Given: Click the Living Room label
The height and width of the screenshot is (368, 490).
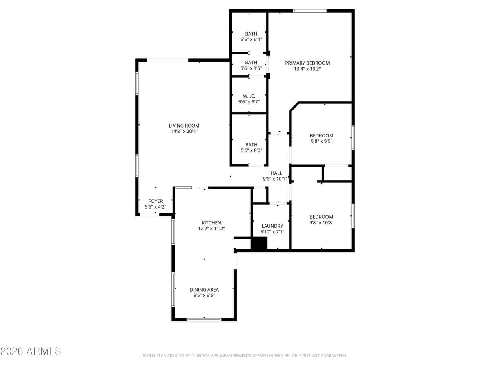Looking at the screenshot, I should pyautogui.click(x=184, y=126).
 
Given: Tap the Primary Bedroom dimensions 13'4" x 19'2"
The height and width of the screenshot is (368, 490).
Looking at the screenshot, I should pyautogui.click(x=307, y=69).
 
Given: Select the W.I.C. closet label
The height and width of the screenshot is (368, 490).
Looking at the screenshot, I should pyautogui.click(x=249, y=96).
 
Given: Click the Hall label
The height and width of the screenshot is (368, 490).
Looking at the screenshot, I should pyautogui.click(x=276, y=173).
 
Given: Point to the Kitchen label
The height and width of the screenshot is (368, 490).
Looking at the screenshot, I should pyautogui.click(x=211, y=222).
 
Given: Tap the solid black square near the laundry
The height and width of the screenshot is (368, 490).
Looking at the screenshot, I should pyautogui.click(x=258, y=244).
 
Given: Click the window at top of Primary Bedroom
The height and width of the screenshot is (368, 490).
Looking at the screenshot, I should pyautogui.click(x=310, y=11).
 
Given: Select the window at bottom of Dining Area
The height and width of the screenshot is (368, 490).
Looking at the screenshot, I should pyautogui.click(x=204, y=319).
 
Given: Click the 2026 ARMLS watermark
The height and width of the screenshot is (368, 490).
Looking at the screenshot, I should pyautogui.click(x=31, y=351).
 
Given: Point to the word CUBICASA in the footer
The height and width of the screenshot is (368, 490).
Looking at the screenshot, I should pyautogui.click(x=201, y=356).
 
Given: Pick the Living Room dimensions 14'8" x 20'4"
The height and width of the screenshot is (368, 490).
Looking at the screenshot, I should pyautogui.click(x=184, y=131).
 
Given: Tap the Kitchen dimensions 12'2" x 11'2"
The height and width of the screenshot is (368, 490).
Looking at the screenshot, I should pyautogui.click(x=211, y=229).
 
